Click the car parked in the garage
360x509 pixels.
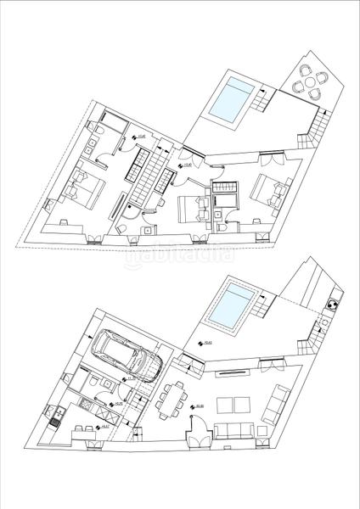coord(127,355)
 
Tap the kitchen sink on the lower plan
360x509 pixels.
coord(56,416)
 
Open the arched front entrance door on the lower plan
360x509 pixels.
coord(195,435)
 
